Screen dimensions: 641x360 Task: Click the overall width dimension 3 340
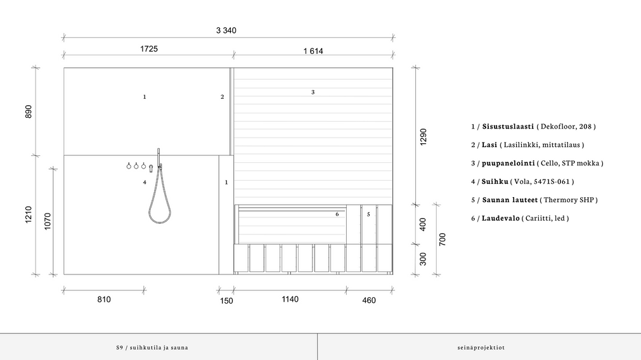pyautogui.click(x=226, y=30)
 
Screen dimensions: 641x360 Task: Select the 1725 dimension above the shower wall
pyautogui.click(x=149, y=49)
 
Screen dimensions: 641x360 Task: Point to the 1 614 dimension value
pyautogui.click(x=313, y=51)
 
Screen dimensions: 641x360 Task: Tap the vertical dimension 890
pyautogui.click(x=28, y=112)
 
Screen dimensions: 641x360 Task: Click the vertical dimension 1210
pyautogui.click(x=28, y=214)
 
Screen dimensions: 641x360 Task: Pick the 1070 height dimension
pyautogui.click(x=48, y=221)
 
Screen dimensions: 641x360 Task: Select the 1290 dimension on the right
pyautogui.click(x=423, y=137)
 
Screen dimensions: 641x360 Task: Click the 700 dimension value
pyautogui.click(x=443, y=239)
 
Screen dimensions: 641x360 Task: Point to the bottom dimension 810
pyautogui.click(x=104, y=300)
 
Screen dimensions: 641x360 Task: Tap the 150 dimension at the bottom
pyautogui.click(x=226, y=301)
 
